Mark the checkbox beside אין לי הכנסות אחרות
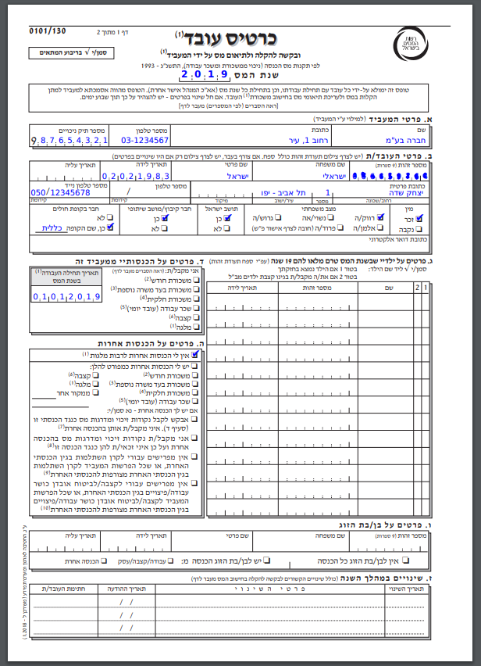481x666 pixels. (x=195, y=354)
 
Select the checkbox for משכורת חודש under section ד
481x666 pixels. (x=195, y=279)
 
